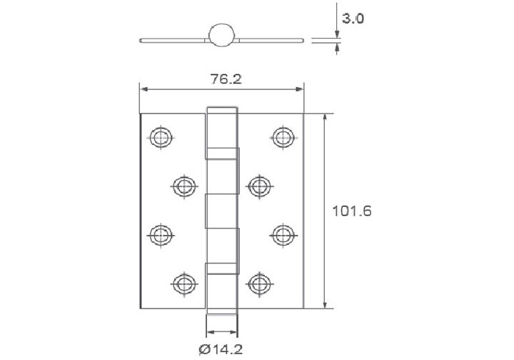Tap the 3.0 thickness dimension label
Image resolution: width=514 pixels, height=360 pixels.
pyautogui.click(x=353, y=19)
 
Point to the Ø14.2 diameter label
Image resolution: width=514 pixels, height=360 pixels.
pyautogui.click(x=221, y=349)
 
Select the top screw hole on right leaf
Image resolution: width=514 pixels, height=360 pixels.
pyautogui.click(x=283, y=136)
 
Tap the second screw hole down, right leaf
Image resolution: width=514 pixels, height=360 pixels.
pyautogui.click(x=259, y=186)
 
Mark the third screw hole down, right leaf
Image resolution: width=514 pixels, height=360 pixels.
pyautogui.click(x=283, y=233)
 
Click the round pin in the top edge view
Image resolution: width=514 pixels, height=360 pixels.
pyautogui.click(x=222, y=35)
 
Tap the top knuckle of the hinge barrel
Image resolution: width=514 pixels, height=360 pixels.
pyautogui.click(x=223, y=133)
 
